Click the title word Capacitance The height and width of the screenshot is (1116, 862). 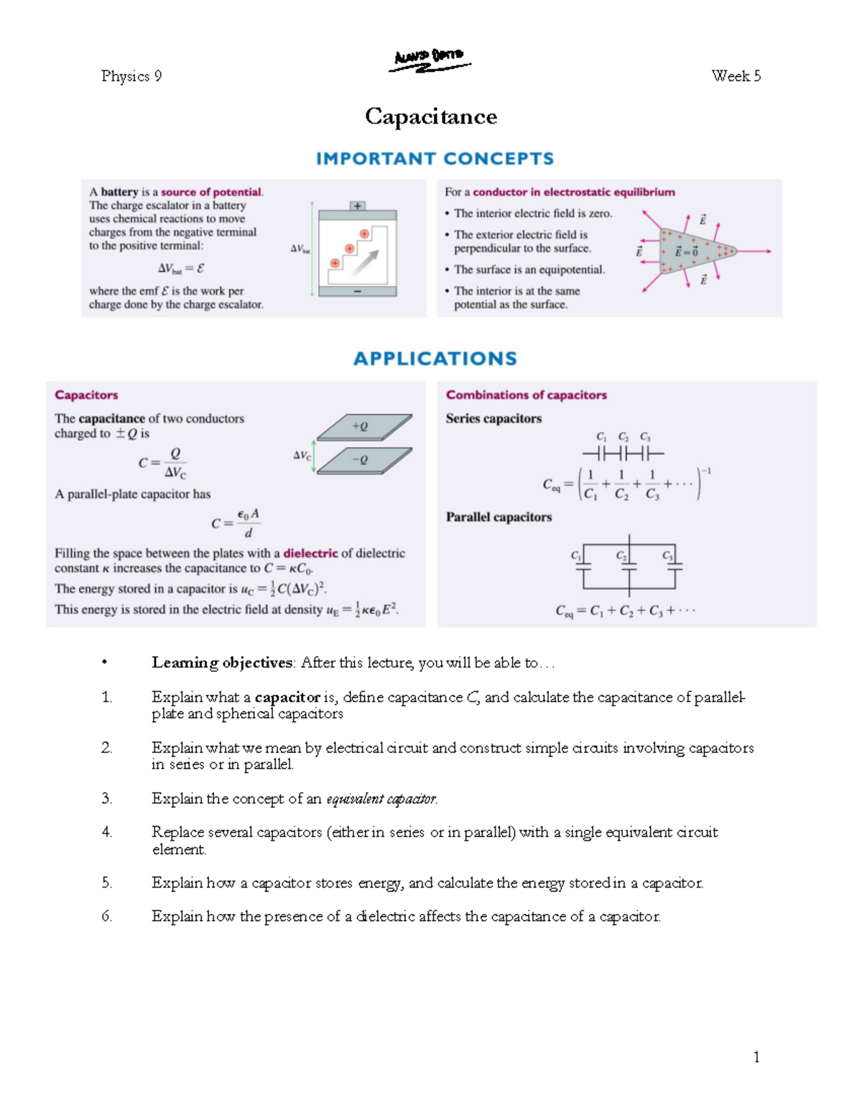click(431, 116)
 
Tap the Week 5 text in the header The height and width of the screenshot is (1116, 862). click(736, 76)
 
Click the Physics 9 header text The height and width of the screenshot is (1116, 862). click(131, 76)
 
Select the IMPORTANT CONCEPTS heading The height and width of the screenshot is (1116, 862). click(435, 159)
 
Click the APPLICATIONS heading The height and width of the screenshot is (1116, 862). click(435, 359)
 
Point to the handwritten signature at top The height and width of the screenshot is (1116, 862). click(430, 60)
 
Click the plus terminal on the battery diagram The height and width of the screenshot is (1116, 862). click(357, 206)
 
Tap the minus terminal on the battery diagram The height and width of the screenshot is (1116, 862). click(357, 292)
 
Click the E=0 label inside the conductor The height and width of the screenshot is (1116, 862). click(686, 252)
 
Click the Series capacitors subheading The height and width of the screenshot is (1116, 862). click(493, 418)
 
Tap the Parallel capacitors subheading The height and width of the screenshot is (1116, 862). click(499, 517)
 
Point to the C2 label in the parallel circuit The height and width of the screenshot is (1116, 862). click(621, 555)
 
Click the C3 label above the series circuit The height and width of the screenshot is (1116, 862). click(645, 437)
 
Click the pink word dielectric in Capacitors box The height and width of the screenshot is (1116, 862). click(310, 553)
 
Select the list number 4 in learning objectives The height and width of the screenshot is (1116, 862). click(106, 832)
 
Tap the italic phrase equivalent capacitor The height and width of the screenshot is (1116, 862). click(381, 799)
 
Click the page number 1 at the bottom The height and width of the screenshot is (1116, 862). click(756, 1056)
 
